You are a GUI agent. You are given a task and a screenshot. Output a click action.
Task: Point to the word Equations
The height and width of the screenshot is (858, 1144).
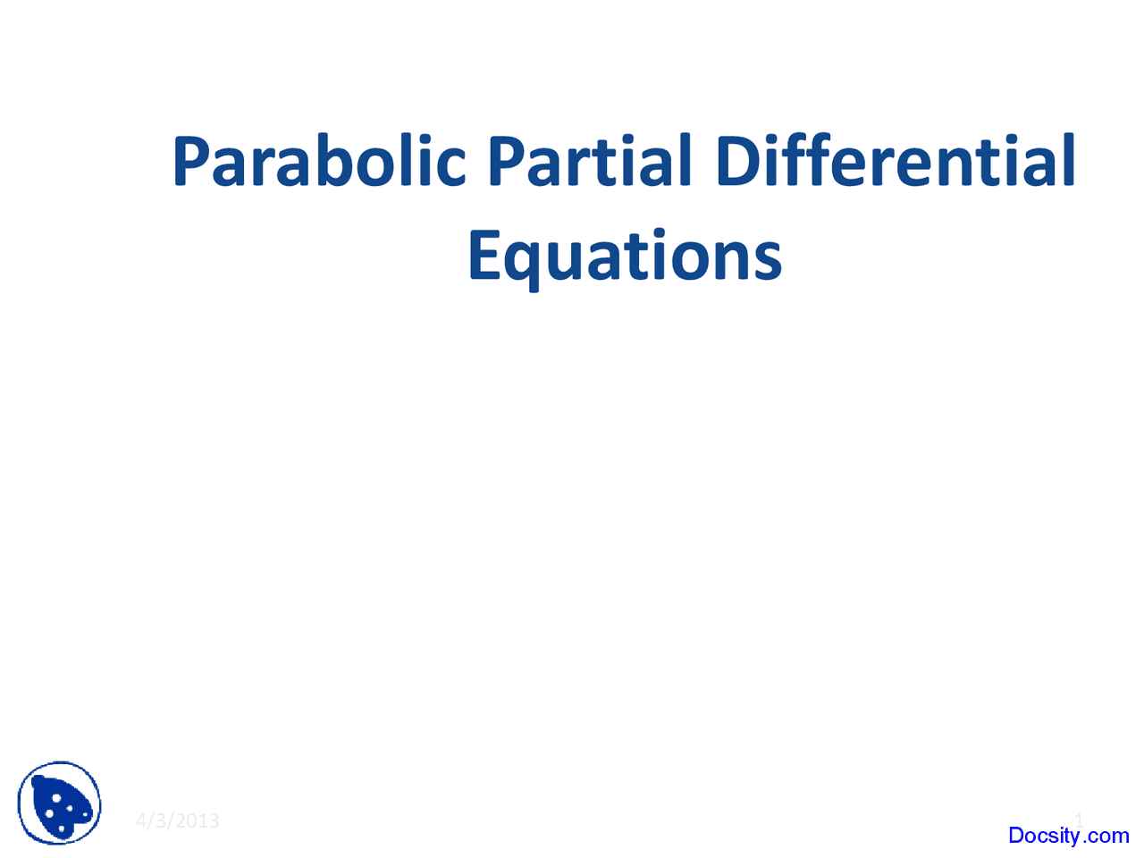625,257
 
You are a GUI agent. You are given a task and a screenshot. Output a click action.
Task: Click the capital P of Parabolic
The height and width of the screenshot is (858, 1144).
191,162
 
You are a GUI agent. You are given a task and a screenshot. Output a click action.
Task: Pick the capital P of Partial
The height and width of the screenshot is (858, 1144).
506,162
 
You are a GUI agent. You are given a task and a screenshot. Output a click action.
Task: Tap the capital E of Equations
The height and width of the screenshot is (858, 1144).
483,256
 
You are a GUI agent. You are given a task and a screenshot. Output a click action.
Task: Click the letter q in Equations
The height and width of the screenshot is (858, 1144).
520,263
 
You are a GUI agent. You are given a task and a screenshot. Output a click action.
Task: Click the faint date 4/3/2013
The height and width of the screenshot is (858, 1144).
178,820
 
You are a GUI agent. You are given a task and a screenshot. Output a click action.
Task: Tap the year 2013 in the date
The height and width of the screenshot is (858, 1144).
198,820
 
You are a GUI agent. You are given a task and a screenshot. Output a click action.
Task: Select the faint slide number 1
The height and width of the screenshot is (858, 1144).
1079,820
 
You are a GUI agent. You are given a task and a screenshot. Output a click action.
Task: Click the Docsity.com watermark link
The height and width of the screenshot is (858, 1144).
1068,836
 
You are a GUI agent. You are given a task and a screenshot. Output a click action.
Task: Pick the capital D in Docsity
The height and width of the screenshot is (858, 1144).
1016,836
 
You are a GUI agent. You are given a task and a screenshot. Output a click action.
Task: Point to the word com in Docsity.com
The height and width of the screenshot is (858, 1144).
1109,837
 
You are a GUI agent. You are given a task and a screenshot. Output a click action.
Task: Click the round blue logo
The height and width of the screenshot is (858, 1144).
60,803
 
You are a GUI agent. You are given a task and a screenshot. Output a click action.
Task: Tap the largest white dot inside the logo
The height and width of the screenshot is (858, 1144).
56,797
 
